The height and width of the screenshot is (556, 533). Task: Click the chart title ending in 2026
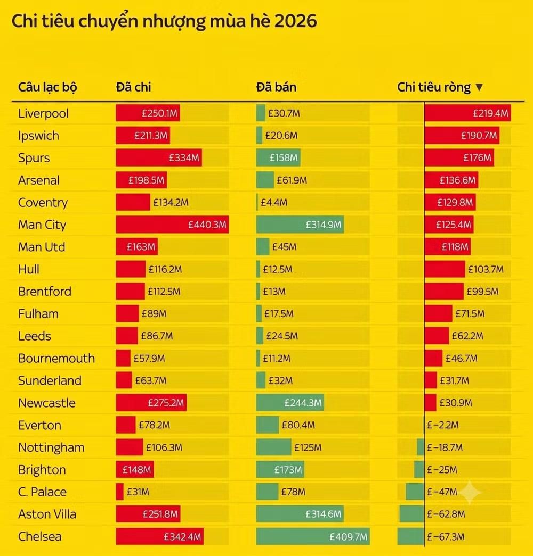click(x=164, y=21)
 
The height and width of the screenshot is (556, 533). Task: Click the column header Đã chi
click(x=133, y=87)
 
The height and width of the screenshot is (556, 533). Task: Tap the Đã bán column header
click(x=277, y=87)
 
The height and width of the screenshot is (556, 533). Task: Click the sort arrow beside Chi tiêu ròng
click(x=479, y=87)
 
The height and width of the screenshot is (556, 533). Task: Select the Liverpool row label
click(x=43, y=113)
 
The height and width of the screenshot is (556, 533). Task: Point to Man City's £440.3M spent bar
click(x=172, y=225)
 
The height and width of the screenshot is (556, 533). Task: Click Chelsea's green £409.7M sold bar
click(x=313, y=536)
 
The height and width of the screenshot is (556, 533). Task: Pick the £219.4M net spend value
click(x=490, y=113)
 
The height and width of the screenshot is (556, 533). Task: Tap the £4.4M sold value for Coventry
click(x=274, y=203)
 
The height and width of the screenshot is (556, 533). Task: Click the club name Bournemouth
click(x=56, y=358)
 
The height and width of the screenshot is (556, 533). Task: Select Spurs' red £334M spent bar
click(x=159, y=158)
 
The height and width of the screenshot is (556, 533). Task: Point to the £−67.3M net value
click(x=446, y=537)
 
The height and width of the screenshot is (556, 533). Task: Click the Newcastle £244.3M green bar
click(x=290, y=403)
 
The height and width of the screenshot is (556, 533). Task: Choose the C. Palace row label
click(x=42, y=492)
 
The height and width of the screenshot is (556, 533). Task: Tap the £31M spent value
click(x=138, y=492)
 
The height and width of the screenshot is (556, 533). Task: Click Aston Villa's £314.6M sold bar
click(x=300, y=514)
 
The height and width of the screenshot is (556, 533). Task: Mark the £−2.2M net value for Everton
click(x=443, y=425)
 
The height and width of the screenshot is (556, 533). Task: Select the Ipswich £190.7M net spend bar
click(x=462, y=136)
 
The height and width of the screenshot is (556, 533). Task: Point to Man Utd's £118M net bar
click(x=448, y=247)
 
